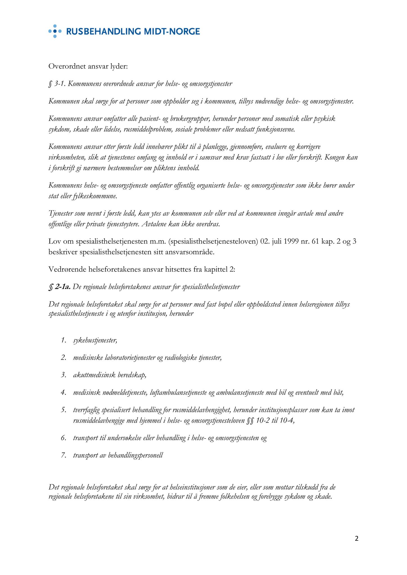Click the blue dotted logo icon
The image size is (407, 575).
pyautogui.click(x=55, y=31)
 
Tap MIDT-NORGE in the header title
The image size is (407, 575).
pyautogui.click(x=172, y=31)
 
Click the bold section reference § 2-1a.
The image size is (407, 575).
pyautogui.click(x=59, y=287)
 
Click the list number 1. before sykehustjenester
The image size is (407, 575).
pyautogui.click(x=64, y=341)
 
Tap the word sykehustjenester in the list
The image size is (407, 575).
pyautogui.click(x=95, y=341)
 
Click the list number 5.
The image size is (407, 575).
pyautogui.click(x=64, y=410)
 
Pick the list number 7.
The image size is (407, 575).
pyautogui.click(x=64, y=455)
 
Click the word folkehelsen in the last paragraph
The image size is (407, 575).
pyautogui.click(x=237, y=496)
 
